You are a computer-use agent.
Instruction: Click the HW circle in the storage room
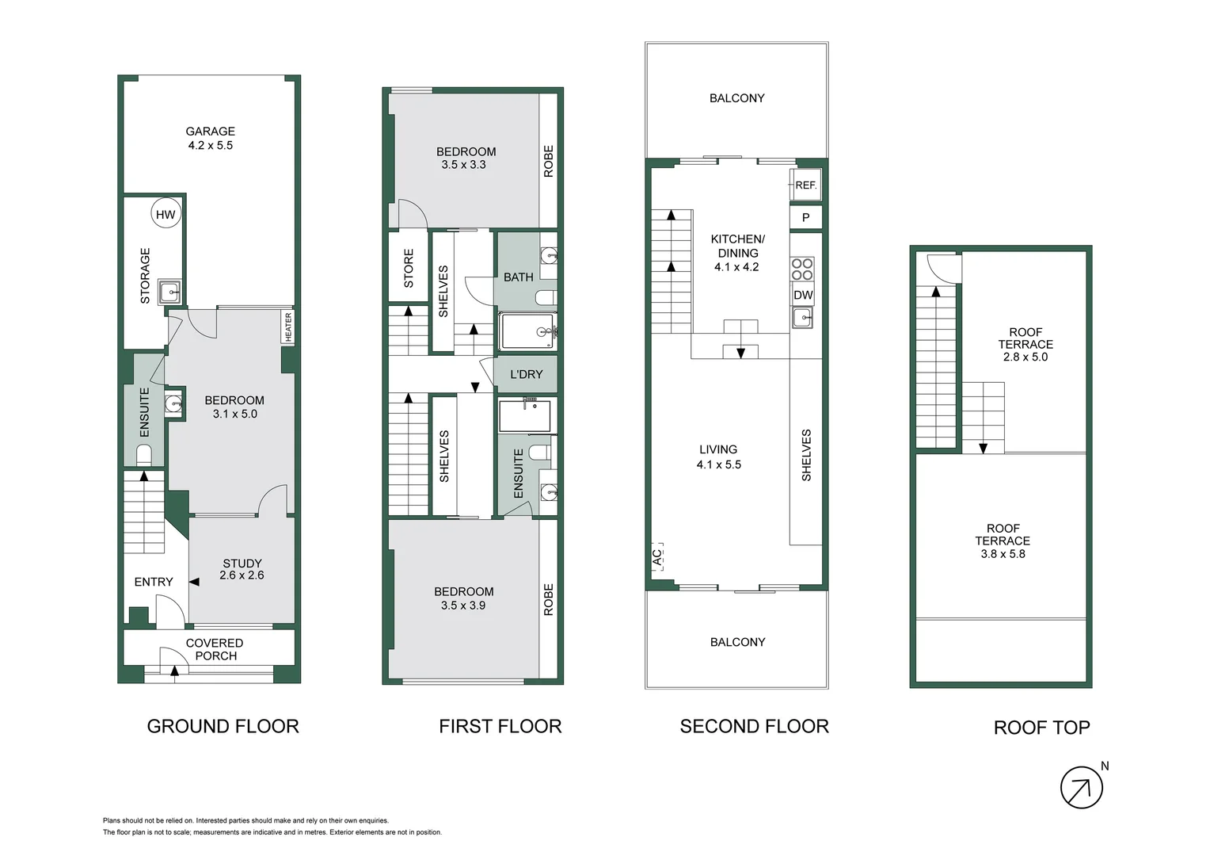click(x=166, y=214)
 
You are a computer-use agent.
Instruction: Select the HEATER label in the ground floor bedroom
click(x=288, y=327)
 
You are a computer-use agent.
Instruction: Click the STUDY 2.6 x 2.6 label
click(x=242, y=569)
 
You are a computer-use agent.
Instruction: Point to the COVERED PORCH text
click(x=215, y=649)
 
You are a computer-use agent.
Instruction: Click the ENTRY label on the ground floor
click(x=154, y=582)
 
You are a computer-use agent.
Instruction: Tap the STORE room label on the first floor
click(x=409, y=268)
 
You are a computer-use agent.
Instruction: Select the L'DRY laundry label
click(x=526, y=374)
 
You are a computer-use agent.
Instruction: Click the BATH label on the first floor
click(x=519, y=277)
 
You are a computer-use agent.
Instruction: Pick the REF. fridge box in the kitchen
click(x=805, y=185)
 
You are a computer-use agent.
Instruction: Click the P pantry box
click(x=805, y=217)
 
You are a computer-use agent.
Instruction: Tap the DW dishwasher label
click(x=803, y=295)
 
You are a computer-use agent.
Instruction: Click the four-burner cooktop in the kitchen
click(x=802, y=269)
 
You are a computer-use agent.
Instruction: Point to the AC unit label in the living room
click(x=656, y=557)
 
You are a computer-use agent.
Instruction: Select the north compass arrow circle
click(x=1081, y=787)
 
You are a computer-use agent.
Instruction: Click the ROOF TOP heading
click(x=1041, y=728)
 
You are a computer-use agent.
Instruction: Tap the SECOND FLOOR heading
click(x=754, y=726)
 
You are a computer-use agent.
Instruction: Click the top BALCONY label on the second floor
click(x=736, y=98)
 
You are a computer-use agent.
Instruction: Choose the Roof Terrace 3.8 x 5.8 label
click(x=1003, y=541)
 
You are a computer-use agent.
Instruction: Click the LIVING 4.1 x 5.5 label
click(x=718, y=457)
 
